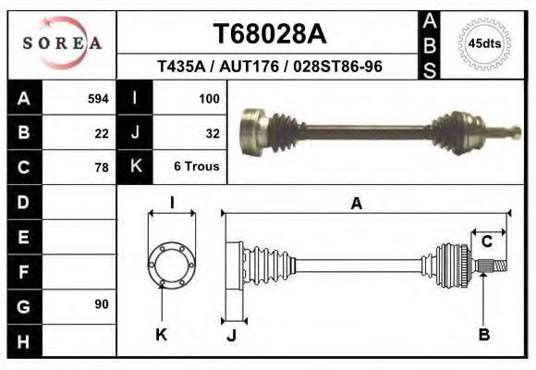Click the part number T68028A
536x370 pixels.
click(x=270, y=34)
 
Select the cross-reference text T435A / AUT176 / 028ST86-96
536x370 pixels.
click(x=270, y=68)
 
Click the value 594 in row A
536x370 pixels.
click(x=98, y=98)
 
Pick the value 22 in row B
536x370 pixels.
click(x=102, y=132)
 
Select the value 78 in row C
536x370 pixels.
click(x=102, y=167)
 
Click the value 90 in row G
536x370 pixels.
click(x=102, y=304)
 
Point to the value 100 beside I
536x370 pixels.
click(x=208, y=98)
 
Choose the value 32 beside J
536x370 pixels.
click(x=212, y=132)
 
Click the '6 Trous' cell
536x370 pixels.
click(x=196, y=167)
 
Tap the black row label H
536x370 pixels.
click(x=23, y=340)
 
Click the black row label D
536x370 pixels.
click(x=23, y=202)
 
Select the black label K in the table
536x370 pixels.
click(x=135, y=167)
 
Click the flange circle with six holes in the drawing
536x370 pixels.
click(x=173, y=264)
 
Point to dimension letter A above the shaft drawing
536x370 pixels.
click(x=356, y=204)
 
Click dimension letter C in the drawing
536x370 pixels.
click(x=486, y=241)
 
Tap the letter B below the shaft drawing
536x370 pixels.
click(x=483, y=335)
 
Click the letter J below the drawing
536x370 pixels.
click(x=231, y=335)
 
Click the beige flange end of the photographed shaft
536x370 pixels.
click(x=250, y=129)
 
